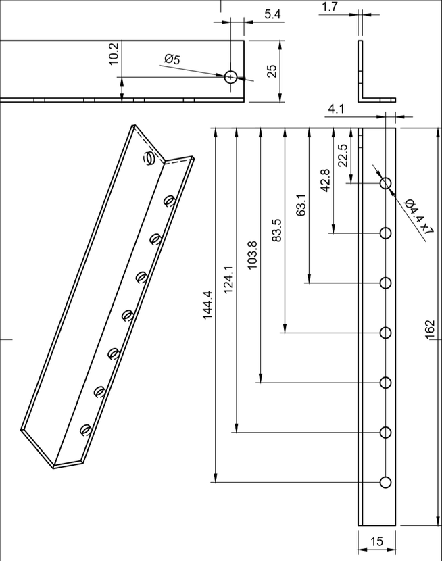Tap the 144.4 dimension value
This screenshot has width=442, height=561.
point(207,305)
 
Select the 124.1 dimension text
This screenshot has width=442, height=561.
point(229,280)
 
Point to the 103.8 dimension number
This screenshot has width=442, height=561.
point(253,255)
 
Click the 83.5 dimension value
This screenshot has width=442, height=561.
point(277,230)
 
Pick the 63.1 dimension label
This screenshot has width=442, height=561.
point(301,205)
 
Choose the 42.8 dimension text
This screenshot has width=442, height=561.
point(326,180)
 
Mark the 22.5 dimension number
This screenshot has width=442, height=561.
point(343,155)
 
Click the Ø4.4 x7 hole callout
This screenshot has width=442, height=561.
point(419,217)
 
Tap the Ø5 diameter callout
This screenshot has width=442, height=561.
point(172,59)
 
